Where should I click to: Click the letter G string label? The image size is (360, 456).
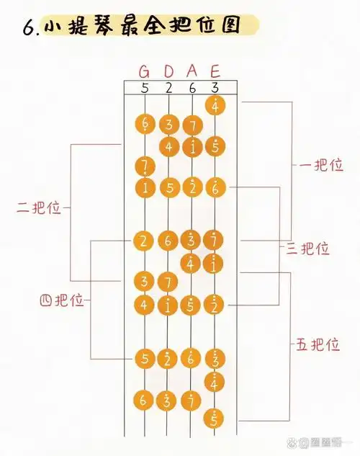(x=145, y=71)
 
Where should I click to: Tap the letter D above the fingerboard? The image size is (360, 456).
(x=168, y=71)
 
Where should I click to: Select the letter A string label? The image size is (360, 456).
(x=192, y=71)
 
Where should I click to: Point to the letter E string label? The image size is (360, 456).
(x=215, y=71)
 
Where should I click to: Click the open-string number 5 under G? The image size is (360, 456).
(x=145, y=88)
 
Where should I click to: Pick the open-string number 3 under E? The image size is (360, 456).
(x=215, y=88)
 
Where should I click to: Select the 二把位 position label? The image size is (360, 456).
(x=39, y=209)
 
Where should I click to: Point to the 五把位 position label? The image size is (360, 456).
(x=318, y=344)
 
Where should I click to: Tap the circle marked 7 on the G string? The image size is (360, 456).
(x=144, y=167)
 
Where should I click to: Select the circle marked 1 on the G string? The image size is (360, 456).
(x=144, y=187)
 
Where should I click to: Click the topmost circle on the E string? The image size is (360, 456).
(x=215, y=105)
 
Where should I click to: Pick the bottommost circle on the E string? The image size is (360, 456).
(x=215, y=417)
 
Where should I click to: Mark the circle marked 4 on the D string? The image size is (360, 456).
(x=168, y=146)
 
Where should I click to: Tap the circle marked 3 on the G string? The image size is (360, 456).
(x=144, y=280)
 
